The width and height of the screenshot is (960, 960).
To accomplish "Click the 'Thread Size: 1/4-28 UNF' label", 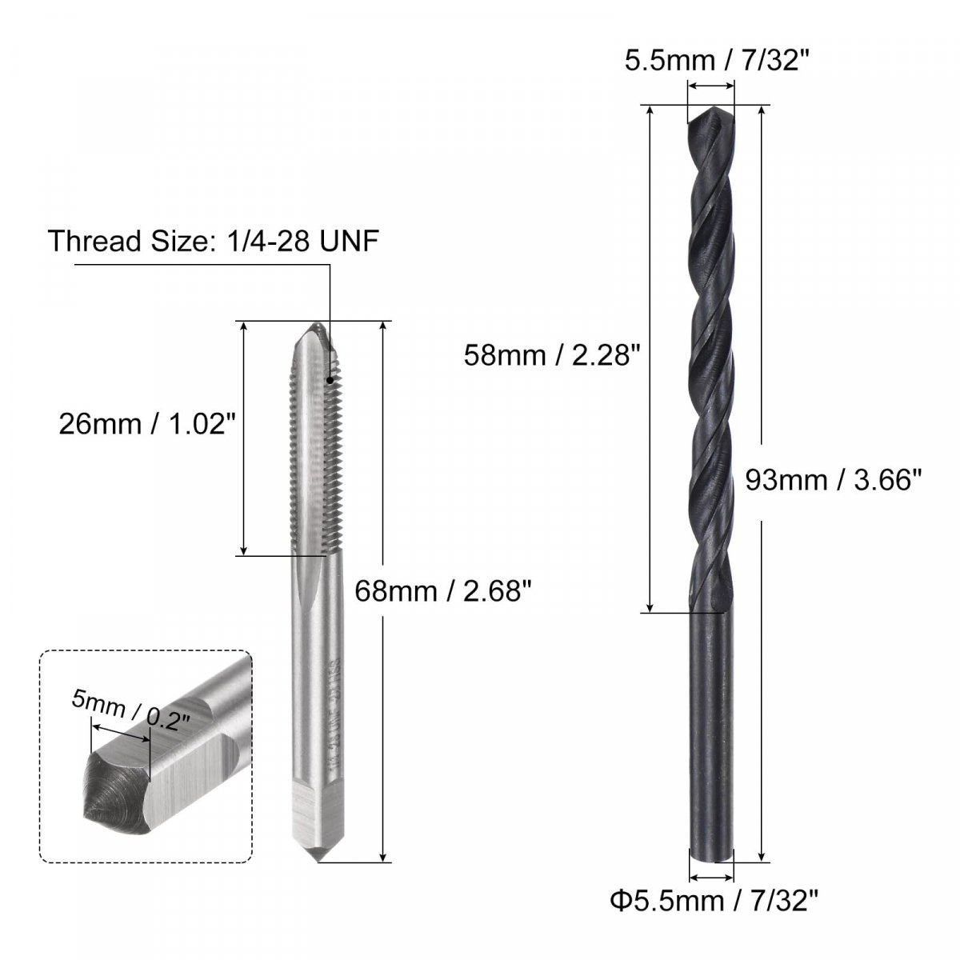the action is pyautogui.click(x=214, y=241).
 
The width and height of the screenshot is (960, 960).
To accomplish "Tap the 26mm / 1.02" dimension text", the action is pyautogui.click(x=146, y=424).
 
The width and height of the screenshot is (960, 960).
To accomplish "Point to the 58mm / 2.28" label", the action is pyautogui.click(x=551, y=356).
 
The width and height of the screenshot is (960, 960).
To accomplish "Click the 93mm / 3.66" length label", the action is pyautogui.click(x=834, y=481).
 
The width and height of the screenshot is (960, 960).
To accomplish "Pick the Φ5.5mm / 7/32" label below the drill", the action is pyautogui.click(x=714, y=901).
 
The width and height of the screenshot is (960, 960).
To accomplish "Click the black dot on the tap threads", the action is pyautogui.click(x=330, y=381).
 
